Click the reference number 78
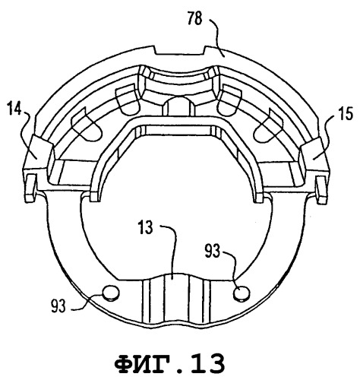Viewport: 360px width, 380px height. click(195, 19)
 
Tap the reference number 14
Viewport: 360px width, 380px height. click(14, 108)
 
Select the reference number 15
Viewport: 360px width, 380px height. click(346, 114)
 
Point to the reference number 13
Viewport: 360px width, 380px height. click(146, 227)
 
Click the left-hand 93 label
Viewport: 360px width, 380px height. click(58, 306)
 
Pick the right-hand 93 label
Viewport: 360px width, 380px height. click(212, 251)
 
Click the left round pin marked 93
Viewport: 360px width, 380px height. click(111, 293)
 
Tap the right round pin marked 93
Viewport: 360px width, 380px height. click(242, 294)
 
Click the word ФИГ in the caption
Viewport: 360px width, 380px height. click(140, 364)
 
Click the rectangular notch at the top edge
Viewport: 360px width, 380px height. click(180, 50)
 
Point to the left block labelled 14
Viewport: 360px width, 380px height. click(39, 154)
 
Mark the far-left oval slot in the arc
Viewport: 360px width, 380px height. click(86, 125)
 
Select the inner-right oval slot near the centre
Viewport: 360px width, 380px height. click(229, 100)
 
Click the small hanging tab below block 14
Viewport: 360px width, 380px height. click(30, 188)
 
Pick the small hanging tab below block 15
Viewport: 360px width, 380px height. click(321, 189)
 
